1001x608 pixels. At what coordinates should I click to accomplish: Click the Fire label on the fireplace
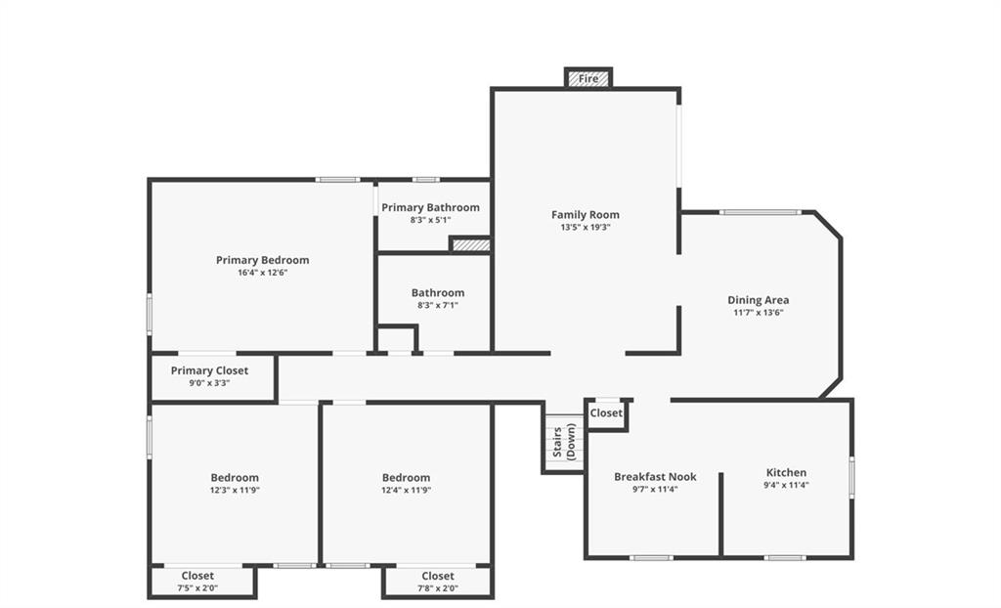588,78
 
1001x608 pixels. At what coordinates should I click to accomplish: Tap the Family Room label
586,215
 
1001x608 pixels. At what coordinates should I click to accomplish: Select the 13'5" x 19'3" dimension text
586,227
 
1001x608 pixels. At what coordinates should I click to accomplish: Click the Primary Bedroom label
262,260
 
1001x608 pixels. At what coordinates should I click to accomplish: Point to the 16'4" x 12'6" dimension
262,272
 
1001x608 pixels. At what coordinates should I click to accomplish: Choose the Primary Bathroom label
430,207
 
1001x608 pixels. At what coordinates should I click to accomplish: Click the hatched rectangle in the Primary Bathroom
471,245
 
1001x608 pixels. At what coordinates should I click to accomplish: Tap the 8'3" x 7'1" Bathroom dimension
438,305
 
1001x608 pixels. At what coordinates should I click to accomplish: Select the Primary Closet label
209,370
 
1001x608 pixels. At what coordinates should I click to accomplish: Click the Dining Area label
759,299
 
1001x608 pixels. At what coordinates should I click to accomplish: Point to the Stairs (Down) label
564,442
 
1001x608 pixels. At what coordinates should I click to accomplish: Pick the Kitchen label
786,472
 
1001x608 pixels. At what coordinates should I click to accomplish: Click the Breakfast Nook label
655,476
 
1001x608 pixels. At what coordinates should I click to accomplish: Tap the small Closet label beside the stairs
606,413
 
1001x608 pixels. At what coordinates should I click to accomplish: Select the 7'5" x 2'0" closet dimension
197,588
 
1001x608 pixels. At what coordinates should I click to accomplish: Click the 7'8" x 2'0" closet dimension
438,588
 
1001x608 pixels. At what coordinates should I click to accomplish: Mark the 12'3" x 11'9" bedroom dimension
235,490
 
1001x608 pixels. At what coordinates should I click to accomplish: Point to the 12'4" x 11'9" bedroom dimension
406,490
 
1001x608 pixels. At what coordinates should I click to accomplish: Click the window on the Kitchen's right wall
851,476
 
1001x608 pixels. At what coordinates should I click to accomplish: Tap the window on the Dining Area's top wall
761,212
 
